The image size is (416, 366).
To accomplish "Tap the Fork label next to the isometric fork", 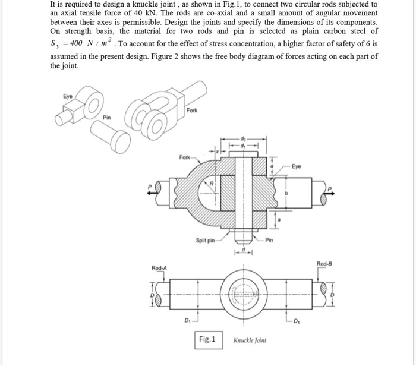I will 193,111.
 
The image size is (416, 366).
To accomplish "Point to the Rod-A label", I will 160,268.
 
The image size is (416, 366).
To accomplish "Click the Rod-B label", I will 324,264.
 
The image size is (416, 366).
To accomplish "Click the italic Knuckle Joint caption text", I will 250,340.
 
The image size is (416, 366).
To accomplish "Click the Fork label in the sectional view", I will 185,157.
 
